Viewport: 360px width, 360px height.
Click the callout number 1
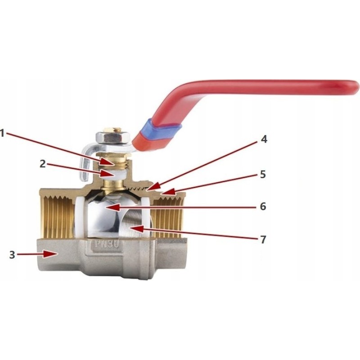[2, 133]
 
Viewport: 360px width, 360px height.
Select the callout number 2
[43, 164]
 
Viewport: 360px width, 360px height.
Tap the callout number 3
[12, 255]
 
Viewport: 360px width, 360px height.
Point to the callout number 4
[264, 139]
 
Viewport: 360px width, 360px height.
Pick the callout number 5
[263, 175]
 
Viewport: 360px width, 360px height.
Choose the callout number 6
[263, 207]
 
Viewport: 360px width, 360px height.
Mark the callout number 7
[263, 239]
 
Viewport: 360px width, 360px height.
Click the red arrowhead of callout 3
[50, 254]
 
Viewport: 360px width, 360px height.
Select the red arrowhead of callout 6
[113, 207]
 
